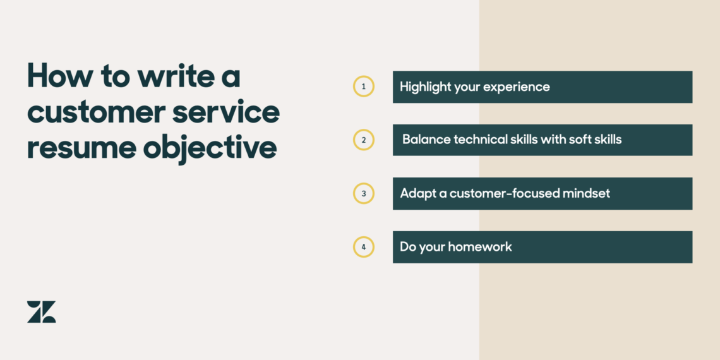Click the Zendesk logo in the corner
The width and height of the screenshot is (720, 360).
[42, 312]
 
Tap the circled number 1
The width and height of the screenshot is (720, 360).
[363, 87]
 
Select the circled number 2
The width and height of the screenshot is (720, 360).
[363, 140]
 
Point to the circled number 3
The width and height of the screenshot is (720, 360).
[363, 193]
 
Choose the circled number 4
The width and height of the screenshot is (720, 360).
[363, 247]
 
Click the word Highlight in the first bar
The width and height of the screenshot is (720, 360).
[425, 87]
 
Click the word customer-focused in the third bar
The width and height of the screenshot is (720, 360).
[498, 193]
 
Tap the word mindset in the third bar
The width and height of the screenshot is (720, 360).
[587, 193]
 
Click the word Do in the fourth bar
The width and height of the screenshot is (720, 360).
[408, 247]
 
